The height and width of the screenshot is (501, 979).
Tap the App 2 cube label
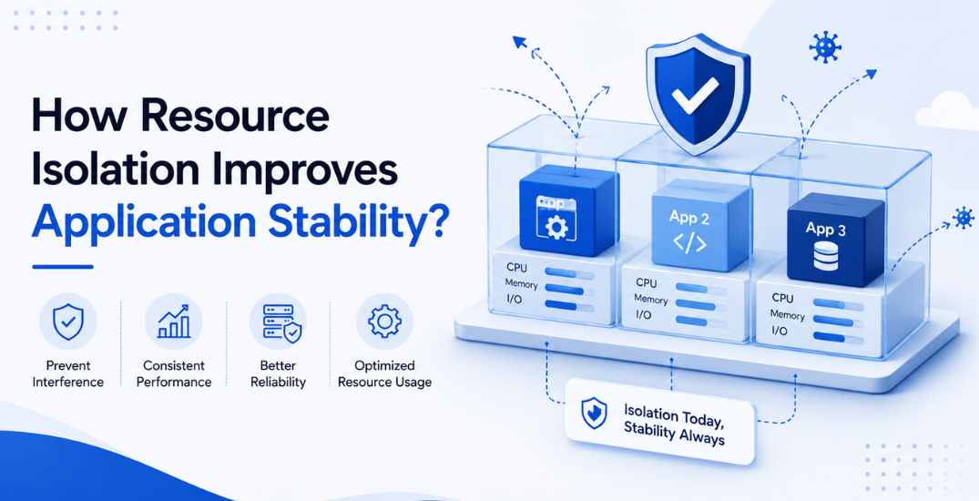690,217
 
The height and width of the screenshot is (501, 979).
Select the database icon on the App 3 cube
826,255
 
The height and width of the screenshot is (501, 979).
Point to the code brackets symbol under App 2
690,243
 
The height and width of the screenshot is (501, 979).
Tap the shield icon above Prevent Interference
67,322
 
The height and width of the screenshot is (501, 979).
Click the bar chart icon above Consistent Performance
173,322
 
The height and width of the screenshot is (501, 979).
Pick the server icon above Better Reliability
280,322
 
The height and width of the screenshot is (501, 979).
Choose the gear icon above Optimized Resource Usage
384,321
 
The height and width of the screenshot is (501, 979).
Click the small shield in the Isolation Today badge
593,413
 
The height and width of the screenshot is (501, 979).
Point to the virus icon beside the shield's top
825,46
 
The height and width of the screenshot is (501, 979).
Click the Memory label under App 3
788,315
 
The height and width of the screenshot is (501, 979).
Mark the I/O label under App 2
644,314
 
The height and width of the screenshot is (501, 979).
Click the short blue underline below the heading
63,267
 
